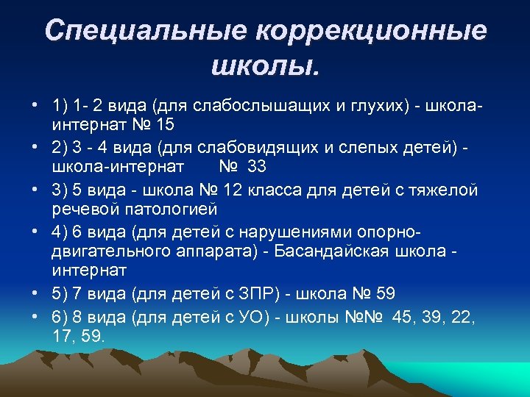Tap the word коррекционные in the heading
click(x=370, y=31)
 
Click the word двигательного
click(x=108, y=251)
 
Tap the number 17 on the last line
click(x=62, y=336)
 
